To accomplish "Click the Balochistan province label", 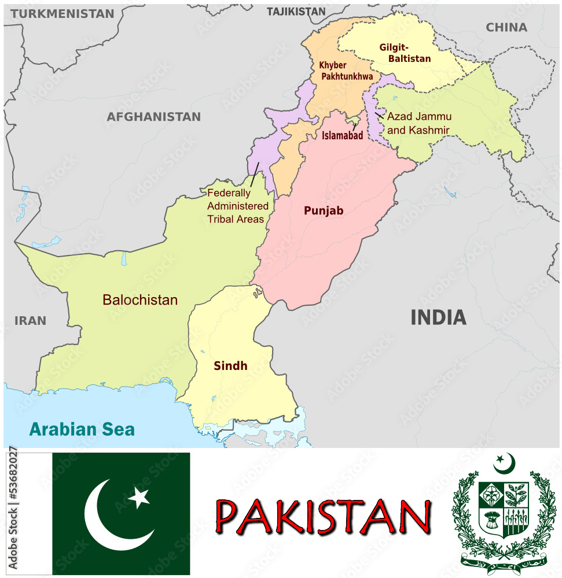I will [140, 300].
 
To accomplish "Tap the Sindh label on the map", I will [230, 365].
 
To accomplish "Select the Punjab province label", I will [324, 211].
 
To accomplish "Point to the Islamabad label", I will [342, 136].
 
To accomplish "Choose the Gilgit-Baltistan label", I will [405, 53].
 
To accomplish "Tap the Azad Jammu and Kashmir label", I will [418, 123].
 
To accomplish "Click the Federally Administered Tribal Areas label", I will [237, 206].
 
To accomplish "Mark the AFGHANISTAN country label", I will [153, 117].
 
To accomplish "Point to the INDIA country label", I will [438, 317].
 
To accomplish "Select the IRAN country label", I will [30, 321].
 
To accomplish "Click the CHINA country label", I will [506, 27].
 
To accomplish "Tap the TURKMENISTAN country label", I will [62, 14].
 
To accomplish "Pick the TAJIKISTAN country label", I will [296, 11].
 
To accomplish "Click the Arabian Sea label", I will [82, 429].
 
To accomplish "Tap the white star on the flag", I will [139, 497].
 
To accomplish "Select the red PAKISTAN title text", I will [323, 516].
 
